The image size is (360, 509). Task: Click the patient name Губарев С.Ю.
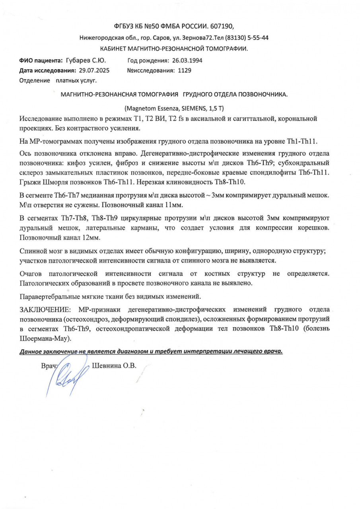click(x=89, y=60)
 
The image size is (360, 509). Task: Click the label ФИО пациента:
click(x=41, y=60)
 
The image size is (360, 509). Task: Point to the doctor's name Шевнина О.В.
click(x=114, y=366)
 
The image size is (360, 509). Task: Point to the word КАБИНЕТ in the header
click(x=113, y=49)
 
